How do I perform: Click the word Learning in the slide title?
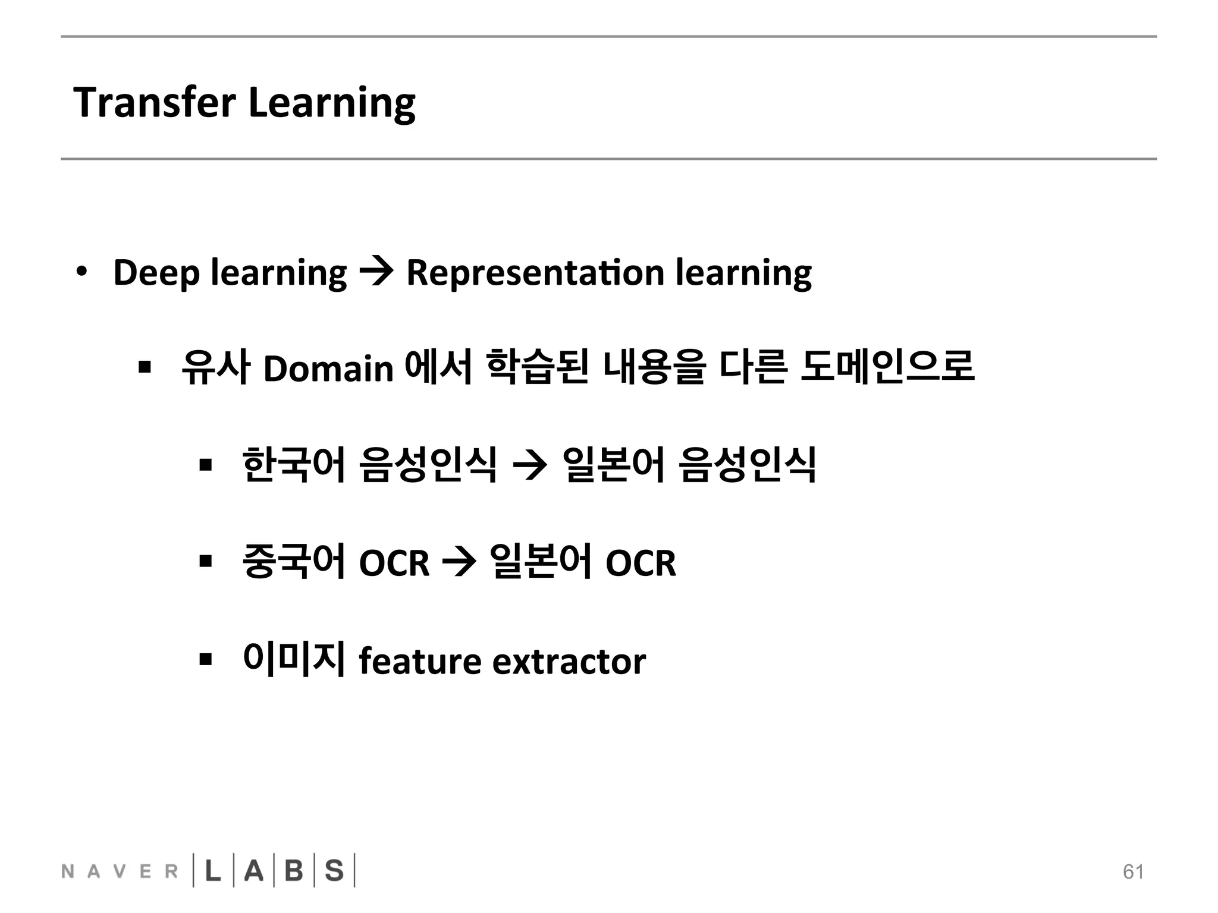(x=331, y=103)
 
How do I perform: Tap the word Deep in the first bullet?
(x=156, y=273)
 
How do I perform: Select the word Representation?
(x=535, y=273)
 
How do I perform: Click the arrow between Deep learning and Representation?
(x=376, y=273)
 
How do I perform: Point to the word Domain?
(x=328, y=369)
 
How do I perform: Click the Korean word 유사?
(x=215, y=367)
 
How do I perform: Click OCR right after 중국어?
(x=394, y=563)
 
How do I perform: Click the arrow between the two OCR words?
(x=459, y=563)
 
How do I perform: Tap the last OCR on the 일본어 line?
(x=641, y=563)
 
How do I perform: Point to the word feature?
(x=420, y=661)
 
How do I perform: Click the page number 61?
(x=1133, y=871)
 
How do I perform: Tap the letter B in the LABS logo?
(x=294, y=871)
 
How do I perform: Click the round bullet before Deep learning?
(x=81, y=272)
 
